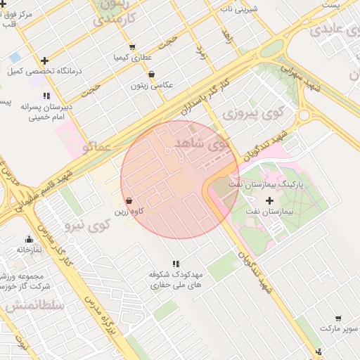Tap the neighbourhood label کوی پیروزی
pyautogui.click(x=251, y=113)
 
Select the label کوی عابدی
pyautogui.click(x=331, y=30)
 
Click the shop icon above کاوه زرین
pyautogui.click(x=128, y=200)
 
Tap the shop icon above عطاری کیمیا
pyautogui.click(x=132, y=47)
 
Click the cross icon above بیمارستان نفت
pyautogui.click(x=269, y=201)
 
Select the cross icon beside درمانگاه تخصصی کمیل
pyautogui.click(x=46, y=60)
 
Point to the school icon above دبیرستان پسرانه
pyautogui.click(x=46, y=96)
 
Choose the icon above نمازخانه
pyautogui.click(x=29, y=239)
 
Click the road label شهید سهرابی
pyautogui.click(x=295, y=70)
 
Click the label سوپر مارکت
pyautogui.click(x=335, y=329)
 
